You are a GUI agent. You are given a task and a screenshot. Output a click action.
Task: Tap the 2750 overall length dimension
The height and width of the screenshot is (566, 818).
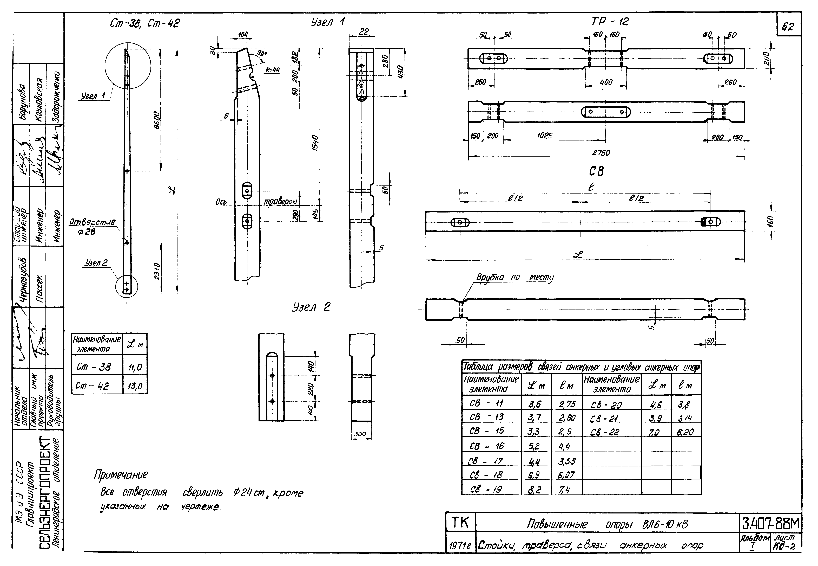point(601,153)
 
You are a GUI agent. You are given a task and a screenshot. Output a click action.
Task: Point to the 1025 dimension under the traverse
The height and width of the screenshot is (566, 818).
point(545,136)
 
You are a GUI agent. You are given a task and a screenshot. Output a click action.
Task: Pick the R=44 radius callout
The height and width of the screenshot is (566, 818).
point(273,70)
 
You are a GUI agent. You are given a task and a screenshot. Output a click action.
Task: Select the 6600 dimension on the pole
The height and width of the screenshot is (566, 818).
point(156,120)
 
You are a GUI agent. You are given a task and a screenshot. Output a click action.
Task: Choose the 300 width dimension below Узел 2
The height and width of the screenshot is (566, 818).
point(360,434)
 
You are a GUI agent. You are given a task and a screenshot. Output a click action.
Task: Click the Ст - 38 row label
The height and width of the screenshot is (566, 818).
point(94,367)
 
